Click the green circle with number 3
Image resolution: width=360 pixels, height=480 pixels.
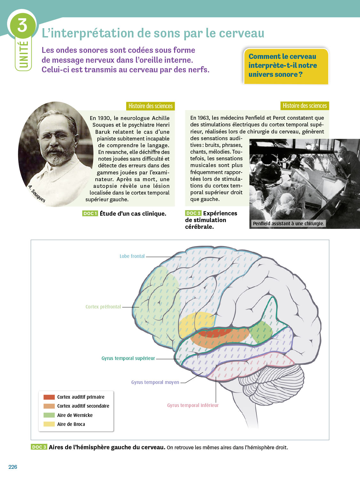22,25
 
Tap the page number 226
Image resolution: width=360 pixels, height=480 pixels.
13,467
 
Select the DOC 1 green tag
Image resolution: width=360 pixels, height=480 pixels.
90,213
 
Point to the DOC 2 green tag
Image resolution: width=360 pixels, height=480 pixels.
193,213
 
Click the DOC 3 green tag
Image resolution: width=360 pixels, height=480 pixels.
39,447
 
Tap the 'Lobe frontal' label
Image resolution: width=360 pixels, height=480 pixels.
132,256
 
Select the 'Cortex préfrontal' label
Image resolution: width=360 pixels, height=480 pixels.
103,307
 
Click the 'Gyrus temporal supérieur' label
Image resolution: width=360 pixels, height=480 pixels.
128,358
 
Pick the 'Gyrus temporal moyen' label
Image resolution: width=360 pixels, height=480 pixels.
155,382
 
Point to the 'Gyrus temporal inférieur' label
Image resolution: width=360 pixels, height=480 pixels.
193,405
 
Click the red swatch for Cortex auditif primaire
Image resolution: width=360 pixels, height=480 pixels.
49,397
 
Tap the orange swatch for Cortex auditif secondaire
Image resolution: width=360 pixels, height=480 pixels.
49,406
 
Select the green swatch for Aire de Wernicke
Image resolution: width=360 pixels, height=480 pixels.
49,415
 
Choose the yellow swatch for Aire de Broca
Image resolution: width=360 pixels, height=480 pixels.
49,424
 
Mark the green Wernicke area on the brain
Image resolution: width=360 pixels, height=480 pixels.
261,332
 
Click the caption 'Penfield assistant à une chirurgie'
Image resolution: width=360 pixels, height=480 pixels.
288,223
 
